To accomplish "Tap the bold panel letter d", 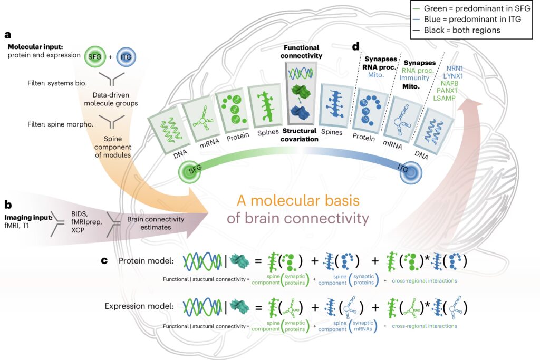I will coord(355,47).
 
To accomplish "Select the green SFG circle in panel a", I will coord(96,56).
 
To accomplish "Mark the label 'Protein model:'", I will coord(147,261).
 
